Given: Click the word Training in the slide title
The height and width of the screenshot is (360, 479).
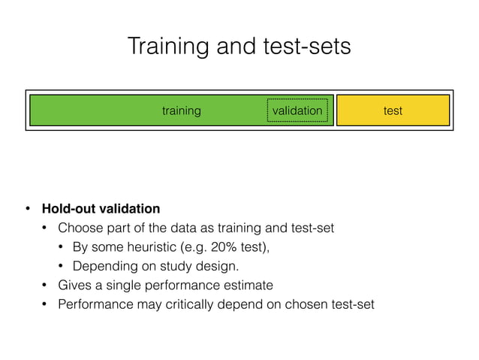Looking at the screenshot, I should tap(163, 47).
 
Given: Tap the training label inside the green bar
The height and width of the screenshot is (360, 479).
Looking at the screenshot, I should tap(182, 110).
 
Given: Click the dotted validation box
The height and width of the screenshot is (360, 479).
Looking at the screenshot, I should tap(297, 110).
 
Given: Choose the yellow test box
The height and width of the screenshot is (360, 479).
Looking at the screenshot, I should tap(393, 110).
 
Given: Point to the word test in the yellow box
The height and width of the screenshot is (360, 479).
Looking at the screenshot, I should tap(393, 110).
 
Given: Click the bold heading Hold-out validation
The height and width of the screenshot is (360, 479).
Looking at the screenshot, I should tap(101, 208).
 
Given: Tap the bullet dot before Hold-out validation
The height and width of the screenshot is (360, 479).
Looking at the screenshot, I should tap(25, 208).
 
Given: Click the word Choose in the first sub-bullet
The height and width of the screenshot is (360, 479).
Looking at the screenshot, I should tap(77, 228).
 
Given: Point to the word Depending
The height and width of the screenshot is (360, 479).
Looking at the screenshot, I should tap(101, 266).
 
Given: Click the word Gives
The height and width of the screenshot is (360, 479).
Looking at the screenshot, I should tap(74, 286).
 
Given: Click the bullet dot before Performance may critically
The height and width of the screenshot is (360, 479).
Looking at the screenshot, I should tap(44, 304).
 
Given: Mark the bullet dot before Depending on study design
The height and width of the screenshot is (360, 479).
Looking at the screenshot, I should tap(61, 266).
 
